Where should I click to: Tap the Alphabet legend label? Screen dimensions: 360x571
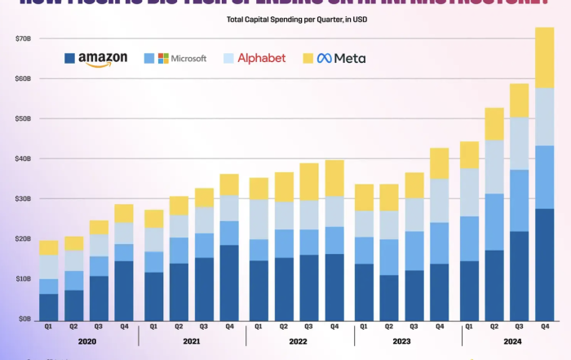pyautogui.click(x=255, y=59)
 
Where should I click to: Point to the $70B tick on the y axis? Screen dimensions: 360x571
pyautogui.click(x=23, y=38)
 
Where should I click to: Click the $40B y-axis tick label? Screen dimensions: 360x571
pyautogui.click(x=23, y=158)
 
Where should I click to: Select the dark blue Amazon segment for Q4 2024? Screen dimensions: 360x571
pyautogui.click(x=543, y=264)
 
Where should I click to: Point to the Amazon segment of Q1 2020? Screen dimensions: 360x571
pyautogui.click(x=49, y=306)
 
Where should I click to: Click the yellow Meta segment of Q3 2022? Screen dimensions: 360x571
pyautogui.click(x=309, y=181)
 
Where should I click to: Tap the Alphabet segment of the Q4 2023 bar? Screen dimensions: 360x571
pyautogui.click(x=439, y=201)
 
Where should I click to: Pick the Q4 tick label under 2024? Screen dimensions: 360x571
pyautogui.click(x=543, y=326)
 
